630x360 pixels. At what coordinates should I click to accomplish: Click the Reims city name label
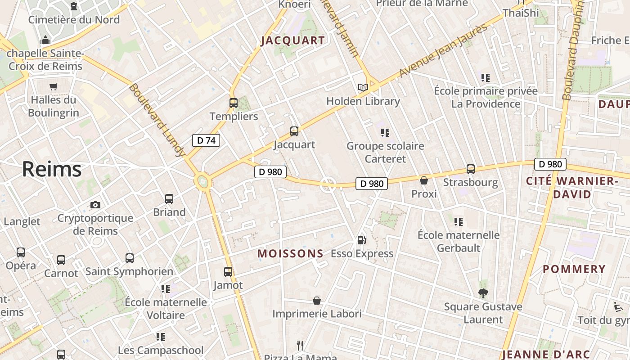[52, 169]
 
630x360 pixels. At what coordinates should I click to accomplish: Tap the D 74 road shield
[206, 140]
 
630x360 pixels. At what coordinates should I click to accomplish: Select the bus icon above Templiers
[233, 103]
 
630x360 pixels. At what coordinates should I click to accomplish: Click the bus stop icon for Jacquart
[294, 131]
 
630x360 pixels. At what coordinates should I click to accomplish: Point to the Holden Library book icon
[363, 87]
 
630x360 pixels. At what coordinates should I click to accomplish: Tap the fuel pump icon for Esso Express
[361, 240]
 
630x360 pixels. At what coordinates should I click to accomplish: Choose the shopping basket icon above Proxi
[424, 180]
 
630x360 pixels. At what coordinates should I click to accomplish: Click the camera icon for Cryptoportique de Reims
[95, 205]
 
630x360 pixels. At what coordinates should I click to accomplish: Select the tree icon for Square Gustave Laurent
[483, 293]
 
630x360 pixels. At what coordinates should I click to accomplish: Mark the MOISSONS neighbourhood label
[290, 254]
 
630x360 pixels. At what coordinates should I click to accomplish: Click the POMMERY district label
[574, 269]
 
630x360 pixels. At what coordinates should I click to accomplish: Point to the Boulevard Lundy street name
[157, 120]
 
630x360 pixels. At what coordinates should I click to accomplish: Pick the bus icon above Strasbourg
[471, 169]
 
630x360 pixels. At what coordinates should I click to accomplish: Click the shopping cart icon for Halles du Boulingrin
[54, 86]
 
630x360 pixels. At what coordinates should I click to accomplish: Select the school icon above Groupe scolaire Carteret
[385, 133]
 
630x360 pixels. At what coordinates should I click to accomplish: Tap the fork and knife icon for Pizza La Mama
[300, 345]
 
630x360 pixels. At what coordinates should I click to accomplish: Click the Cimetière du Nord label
[74, 20]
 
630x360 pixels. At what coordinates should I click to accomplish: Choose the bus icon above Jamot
[228, 272]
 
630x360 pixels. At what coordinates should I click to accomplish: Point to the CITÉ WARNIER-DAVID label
[571, 188]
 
